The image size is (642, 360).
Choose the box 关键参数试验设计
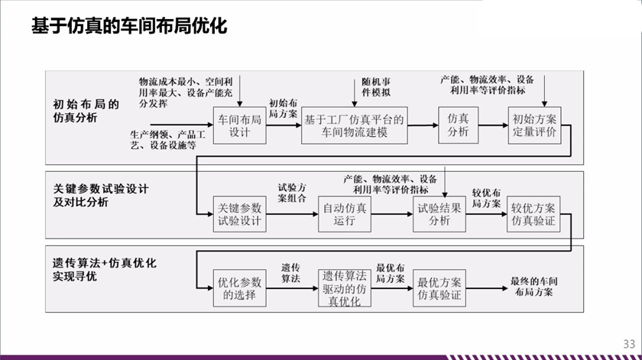point(239,215)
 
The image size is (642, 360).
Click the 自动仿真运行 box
point(345,215)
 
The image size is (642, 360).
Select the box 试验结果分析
point(439,215)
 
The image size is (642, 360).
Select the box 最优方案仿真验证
point(439,288)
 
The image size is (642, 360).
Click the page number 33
point(628,343)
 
